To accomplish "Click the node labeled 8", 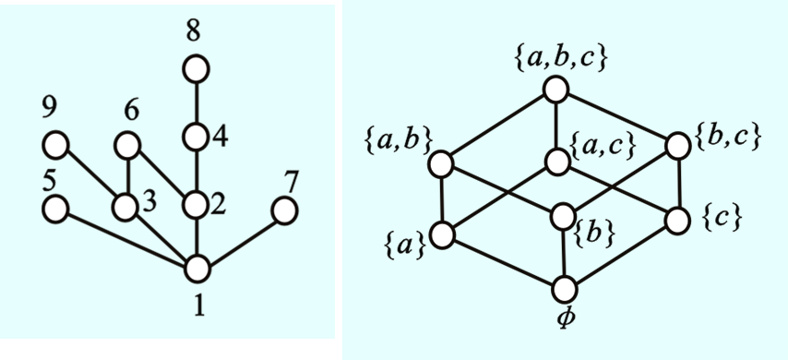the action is [x=196, y=69].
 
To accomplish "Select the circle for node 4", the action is [x=196, y=137].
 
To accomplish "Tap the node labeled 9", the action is [x=55, y=145].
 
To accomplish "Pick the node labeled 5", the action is [x=54, y=209].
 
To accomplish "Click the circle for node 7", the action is [x=284, y=210].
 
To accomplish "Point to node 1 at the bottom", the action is [x=197, y=269].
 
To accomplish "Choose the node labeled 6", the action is [x=127, y=145].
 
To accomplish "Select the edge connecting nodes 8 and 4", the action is [x=196, y=102].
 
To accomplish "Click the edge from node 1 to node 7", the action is [x=240, y=239].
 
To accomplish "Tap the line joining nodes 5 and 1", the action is [x=125, y=238].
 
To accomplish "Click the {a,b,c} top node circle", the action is [x=555, y=90].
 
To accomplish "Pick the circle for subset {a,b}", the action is [x=440, y=163].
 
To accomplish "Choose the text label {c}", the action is [x=722, y=219].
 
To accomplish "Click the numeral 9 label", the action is [x=48, y=109].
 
